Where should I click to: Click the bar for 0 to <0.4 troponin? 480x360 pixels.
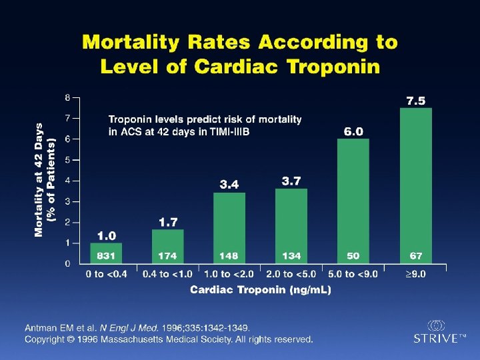click(x=106, y=253)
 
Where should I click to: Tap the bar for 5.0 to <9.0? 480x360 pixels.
click(x=353, y=200)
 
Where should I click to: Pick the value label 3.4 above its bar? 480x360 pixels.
click(x=229, y=184)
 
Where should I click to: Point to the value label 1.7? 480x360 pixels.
click(x=168, y=221)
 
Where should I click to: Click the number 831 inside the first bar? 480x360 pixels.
click(x=106, y=256)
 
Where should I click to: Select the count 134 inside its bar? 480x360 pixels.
click(x=291, y=256)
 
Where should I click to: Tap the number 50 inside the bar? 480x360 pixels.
click(x=353, y=256)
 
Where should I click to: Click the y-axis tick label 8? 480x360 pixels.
click(x=67, y=97)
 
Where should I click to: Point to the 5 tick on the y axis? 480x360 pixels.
click(x=67, y=160)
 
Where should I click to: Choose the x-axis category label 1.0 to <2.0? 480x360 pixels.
click(x=229, y=274)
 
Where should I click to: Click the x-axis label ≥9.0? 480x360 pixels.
click(x=415, y=274)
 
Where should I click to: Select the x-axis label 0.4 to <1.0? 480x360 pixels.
click(x=167, y=274)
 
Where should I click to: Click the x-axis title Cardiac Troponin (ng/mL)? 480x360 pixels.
click(x=261, y=289)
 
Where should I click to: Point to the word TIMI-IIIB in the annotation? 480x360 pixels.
click(x=229, y=132)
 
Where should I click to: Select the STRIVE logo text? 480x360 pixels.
click(x=436, y=338)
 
